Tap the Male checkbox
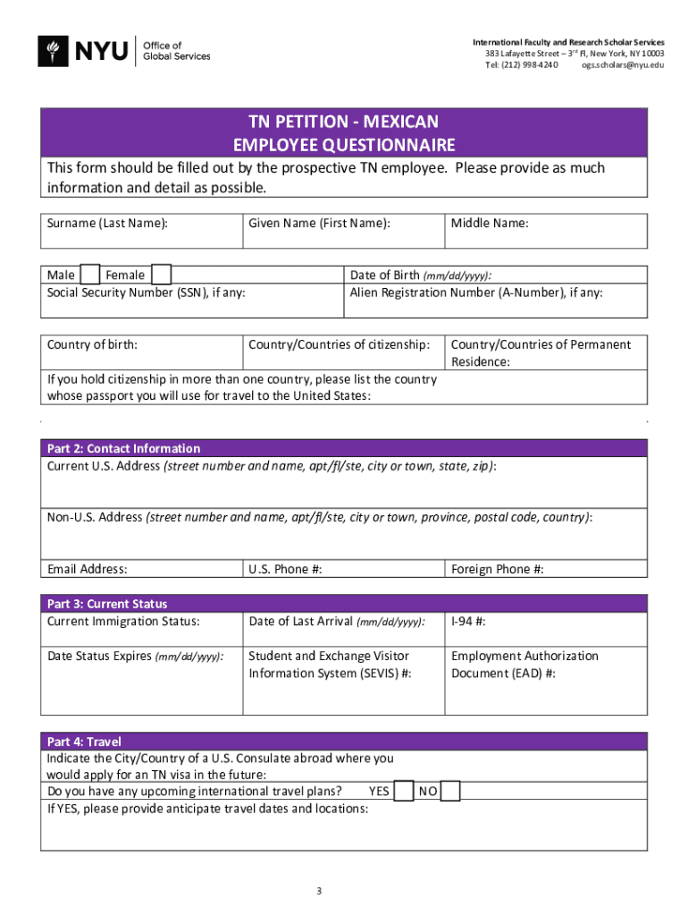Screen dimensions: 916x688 click(90, 275)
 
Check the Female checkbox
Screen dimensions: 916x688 click(161, 275)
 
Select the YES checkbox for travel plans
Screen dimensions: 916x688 click(404, 792)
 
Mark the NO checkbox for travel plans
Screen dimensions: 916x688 click(450, 792)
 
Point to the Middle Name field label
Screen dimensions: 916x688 click(490, 224)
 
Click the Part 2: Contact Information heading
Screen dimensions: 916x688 click(123, 448)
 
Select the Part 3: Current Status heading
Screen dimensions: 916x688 click(107, 604)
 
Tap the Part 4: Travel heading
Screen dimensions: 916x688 click(84, 742)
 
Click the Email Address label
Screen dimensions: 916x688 click(88, 569)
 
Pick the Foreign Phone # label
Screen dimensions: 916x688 click(498, 569)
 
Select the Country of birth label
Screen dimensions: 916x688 click(92, 344)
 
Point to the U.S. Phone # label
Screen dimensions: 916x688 click(285, 569)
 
